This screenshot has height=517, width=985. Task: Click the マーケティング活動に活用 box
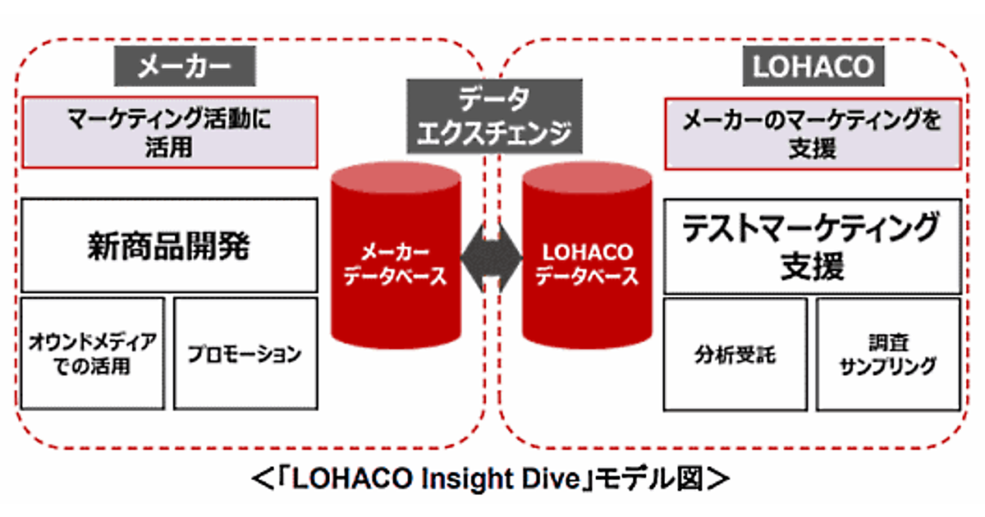click(x=168, y=132)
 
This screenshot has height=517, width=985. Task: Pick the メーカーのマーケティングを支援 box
click(x=812, y=132)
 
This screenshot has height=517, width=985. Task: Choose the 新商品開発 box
click(x=168, y=245)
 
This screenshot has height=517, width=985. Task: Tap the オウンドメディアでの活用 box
click(x=92, y=353)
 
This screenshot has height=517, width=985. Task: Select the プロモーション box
click(x=245, y=354)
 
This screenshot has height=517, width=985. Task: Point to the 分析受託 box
click(x=735, y=355)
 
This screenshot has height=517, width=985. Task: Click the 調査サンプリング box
click(x=888, y=354)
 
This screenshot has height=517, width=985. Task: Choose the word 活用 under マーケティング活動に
click(x=168, y=148)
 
